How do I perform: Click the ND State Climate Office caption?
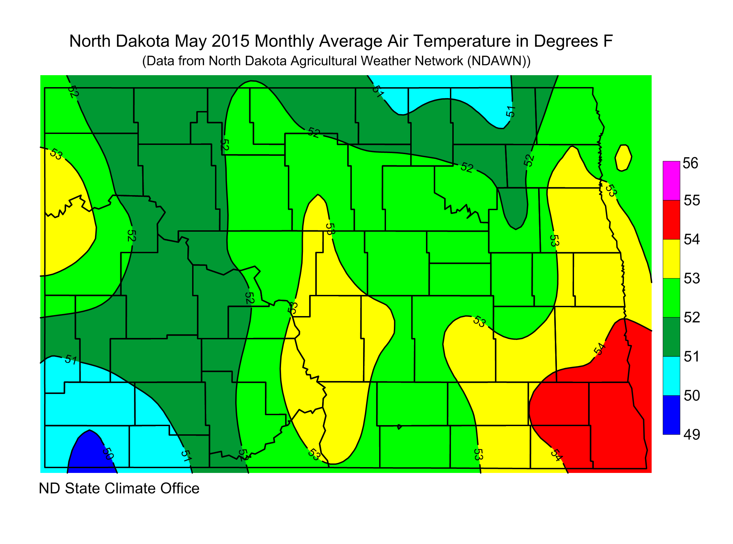pos(119,488)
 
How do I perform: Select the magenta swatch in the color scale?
pos(671,180)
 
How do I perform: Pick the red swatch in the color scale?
pos(671,219)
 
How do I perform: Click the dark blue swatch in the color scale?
pos(671,415)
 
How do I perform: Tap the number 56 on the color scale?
pos(690,163)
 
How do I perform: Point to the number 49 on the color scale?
pos(692,435)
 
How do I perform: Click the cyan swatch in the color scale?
pos(671,376)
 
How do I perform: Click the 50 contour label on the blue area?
pos(108,454)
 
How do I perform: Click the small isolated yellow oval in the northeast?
pos(623,158)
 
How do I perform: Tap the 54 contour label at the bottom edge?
pos(556,455)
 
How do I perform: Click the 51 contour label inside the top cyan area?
pos(510,111)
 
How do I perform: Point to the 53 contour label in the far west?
pos(56,154)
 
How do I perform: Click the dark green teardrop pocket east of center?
pos(516,208)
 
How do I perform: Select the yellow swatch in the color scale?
pos(671,259)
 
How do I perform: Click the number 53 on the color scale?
pos(692,278)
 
